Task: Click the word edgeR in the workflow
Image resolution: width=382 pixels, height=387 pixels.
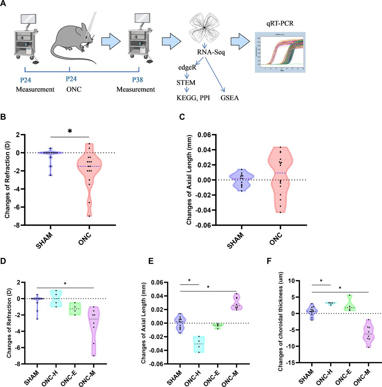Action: [x=187, y=68]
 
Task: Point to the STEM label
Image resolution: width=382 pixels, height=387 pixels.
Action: [x=186, y=82]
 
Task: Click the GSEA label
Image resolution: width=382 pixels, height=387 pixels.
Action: [x=230, y=98]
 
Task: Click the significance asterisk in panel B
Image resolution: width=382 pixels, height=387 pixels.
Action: [x=70, y=132]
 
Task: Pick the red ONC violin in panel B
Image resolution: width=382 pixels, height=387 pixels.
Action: [x=89, y=174]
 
